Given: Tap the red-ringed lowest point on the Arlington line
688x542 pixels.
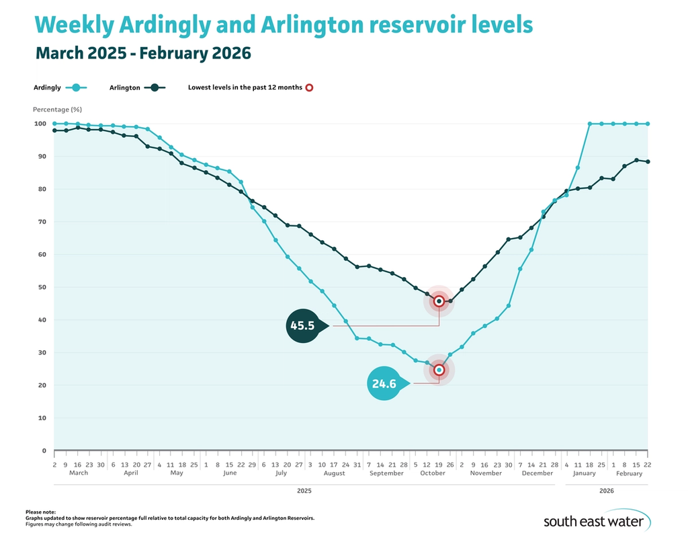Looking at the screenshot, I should [439, 301].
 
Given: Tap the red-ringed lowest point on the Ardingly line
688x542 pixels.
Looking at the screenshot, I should [439, 370].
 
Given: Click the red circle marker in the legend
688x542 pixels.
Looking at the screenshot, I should [309, 87].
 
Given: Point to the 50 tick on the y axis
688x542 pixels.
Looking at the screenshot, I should [41, 287].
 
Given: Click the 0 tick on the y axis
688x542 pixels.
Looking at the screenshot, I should [43, 451].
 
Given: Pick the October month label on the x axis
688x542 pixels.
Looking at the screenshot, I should [433, 473].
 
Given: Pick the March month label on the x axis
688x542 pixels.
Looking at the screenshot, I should [79, 473].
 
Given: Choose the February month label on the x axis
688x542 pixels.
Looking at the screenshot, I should [629, 473].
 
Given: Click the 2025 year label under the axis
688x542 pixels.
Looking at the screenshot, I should [304, 492].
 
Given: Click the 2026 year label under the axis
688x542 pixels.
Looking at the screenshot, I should [607, 492].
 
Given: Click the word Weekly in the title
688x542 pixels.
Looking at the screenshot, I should [74, 25].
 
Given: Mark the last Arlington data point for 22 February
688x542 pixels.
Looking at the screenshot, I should [648, 161].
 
